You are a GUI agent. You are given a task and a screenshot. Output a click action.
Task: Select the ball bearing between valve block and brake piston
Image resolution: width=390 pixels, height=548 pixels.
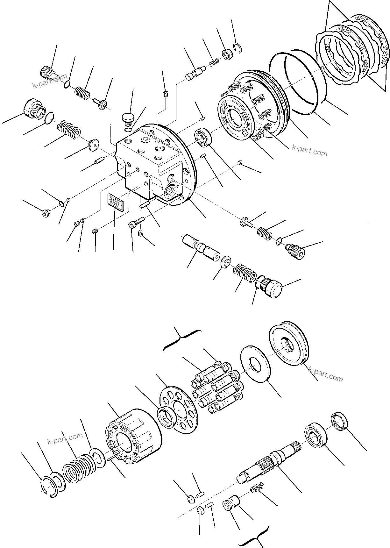[x=203, y=137]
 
